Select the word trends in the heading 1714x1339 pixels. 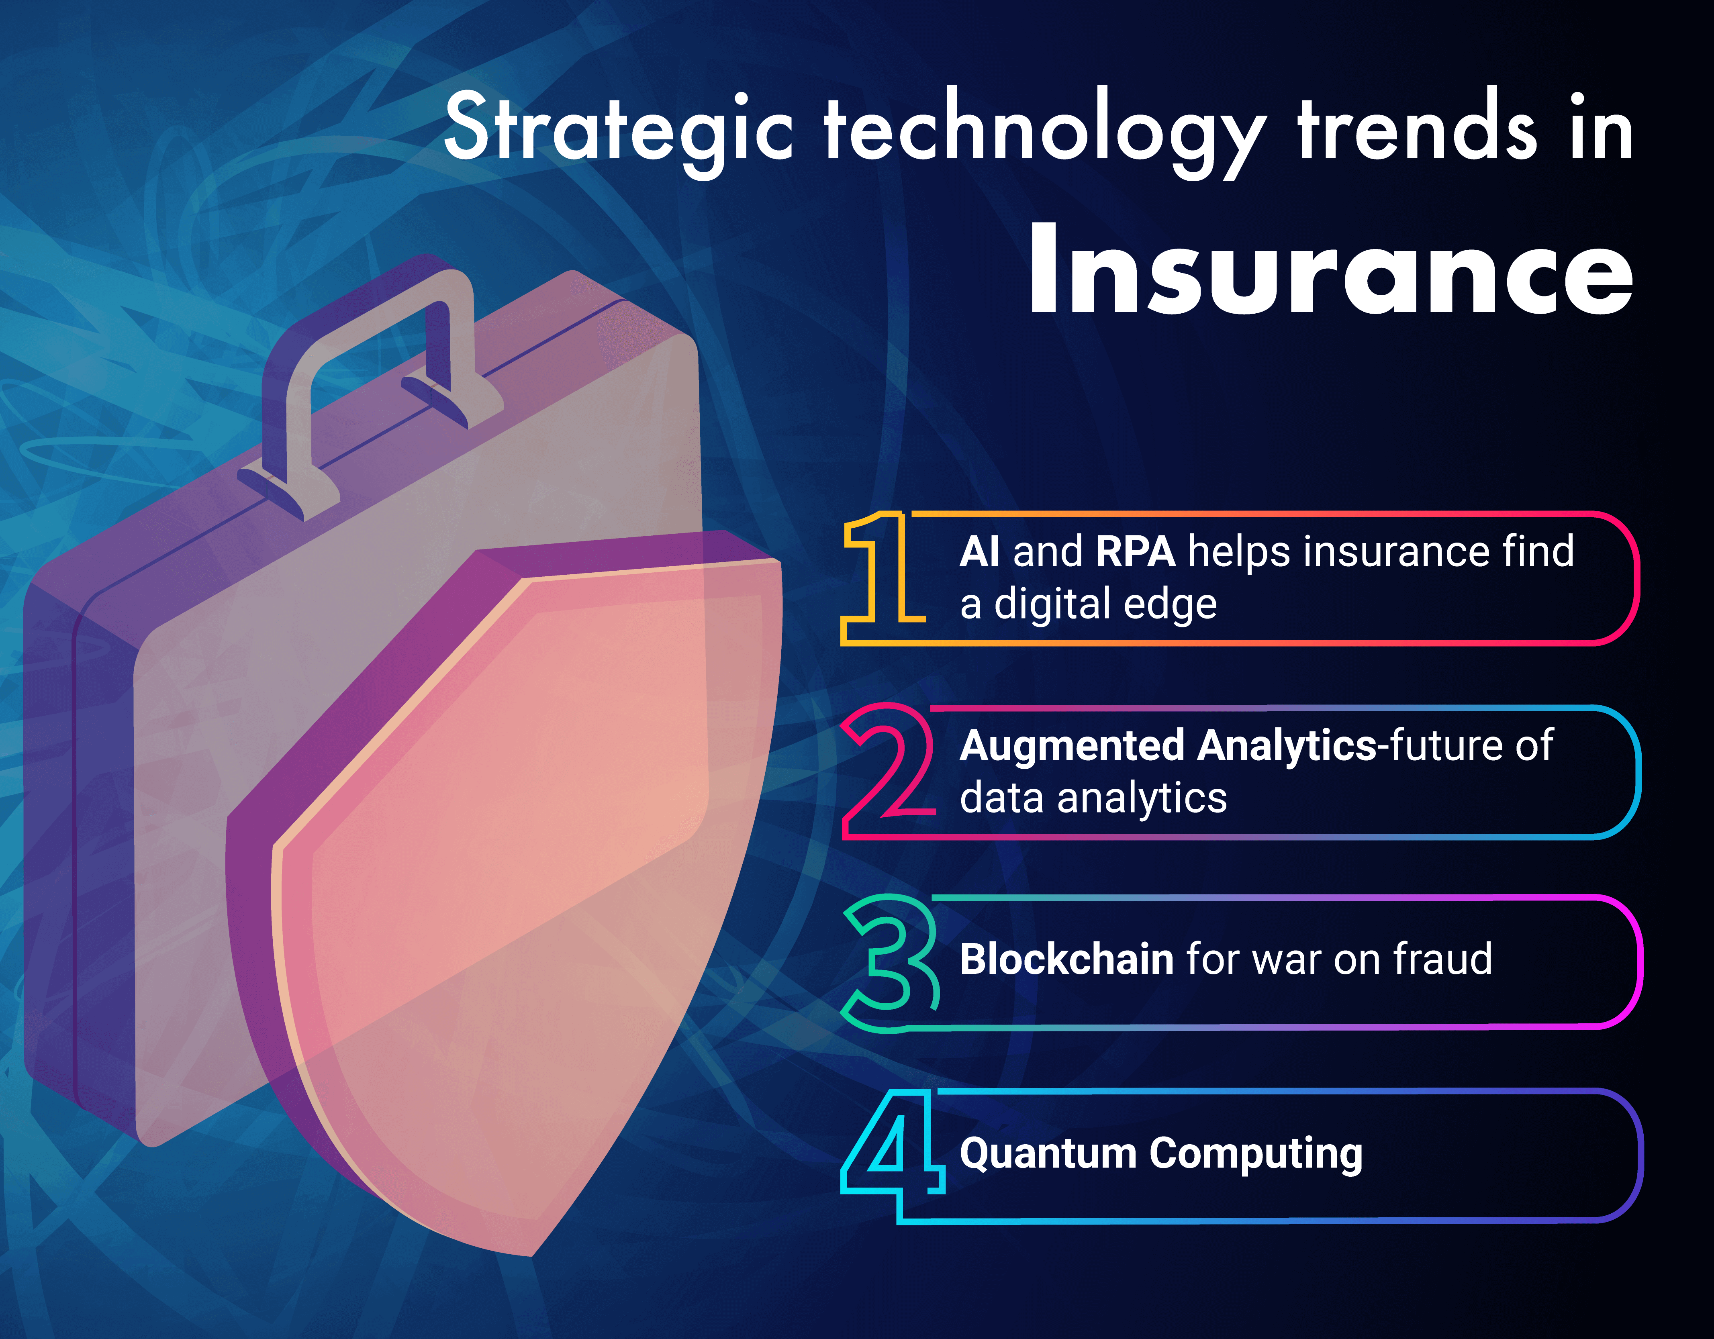click(1417, 126)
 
